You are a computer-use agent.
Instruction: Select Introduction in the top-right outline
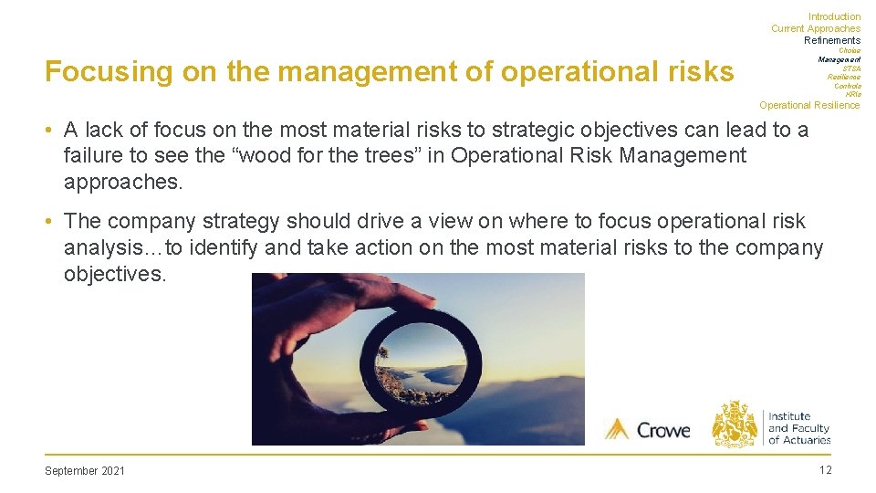coord(834,16)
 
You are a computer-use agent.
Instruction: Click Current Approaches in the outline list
coord(815,28)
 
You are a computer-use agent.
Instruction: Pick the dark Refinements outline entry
coord(831,40)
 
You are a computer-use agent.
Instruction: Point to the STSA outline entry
coord(850,68)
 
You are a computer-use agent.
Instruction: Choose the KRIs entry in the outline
coord(852,95)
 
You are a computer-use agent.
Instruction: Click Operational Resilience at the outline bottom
coord(808,105)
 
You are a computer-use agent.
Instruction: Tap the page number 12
coord(825,470)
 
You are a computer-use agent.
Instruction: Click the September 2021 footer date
coord(85,471)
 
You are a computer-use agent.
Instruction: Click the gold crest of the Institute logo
coord(735,424)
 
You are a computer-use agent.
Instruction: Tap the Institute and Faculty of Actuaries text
coord(798,428)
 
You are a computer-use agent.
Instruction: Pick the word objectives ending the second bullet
coord(114,273)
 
